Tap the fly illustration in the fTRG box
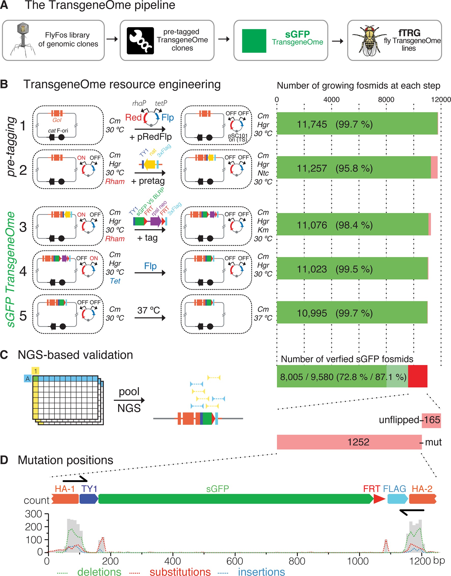(x=369, y=41)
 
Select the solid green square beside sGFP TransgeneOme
(x=254, y=41)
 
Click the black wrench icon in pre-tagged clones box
(x=140, y=41)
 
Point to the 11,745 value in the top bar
(x=312, y=124)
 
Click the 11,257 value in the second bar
(x=312, y=168)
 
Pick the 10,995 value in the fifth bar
(x=312, y=313)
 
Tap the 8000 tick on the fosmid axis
(x=386, y=100)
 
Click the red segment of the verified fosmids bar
(x=417, y=376)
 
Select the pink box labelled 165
(x=431, y=420)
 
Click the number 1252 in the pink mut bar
(x=358, y=442)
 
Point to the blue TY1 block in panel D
(x=89, y=499)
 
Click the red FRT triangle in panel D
(x=379, y=499)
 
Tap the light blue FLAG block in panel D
(x=397, y=499)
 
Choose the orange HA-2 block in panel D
(x=422, y=499)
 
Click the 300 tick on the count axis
(x=34, y=514)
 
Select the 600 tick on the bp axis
(x=235, y=561)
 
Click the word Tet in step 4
(x=115, y=281)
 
